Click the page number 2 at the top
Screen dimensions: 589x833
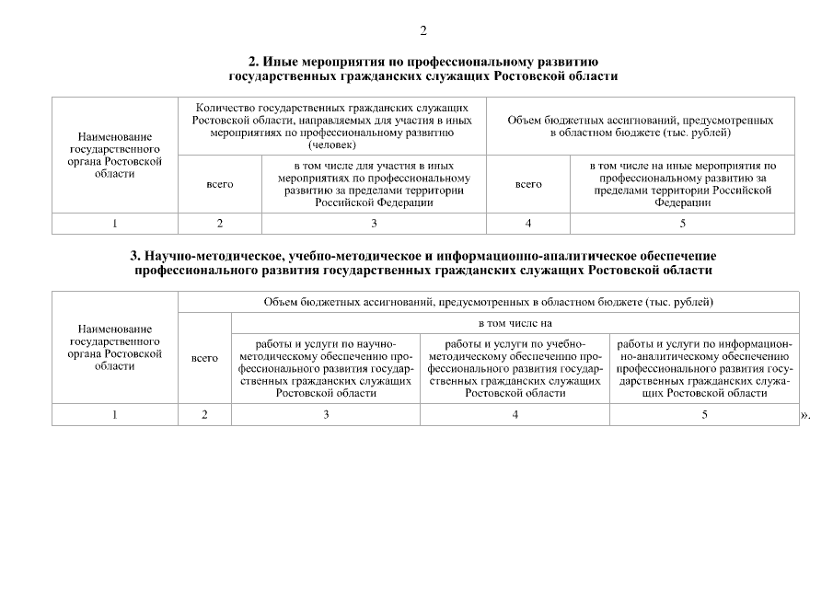pos(423,31)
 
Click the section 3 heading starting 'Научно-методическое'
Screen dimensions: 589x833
pos(423,262)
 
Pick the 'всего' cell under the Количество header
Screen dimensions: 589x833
pos(220,184)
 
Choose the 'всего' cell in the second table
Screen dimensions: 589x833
pos(204,358)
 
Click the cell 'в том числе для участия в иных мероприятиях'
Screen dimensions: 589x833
pos(374,184)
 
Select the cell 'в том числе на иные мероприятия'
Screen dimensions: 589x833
pos(682,184)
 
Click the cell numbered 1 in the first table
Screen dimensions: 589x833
pos(115,224)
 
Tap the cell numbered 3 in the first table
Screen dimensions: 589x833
pos(374,224)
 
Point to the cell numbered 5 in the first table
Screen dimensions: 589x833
pos(682,224)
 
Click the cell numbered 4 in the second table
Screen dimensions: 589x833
pos(515,415)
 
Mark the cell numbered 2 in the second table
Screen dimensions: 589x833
pos(204,415)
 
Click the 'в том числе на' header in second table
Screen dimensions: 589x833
pos(515,324)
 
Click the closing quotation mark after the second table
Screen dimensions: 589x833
pos(806,416)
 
